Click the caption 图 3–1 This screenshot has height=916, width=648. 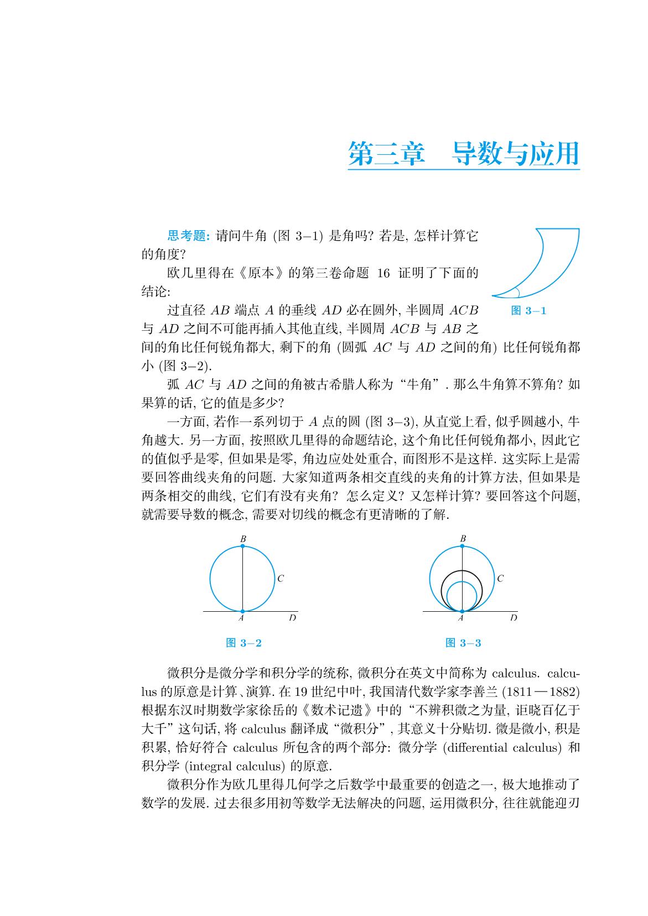click(x=528, y=311)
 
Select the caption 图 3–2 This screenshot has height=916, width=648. click(x=244, y=643)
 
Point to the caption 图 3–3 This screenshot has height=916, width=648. click(x=463, y=643)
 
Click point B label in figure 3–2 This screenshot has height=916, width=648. click(x=243, y=538)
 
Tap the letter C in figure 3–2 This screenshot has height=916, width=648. click(x=281, y=579)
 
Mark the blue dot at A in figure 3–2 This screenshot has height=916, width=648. click(x=242, y=611)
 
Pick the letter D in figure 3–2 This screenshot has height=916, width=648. click(x=292, y=617)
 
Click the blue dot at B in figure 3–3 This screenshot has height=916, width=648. click(x=463, y=547)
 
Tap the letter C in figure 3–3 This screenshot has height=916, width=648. click(x=500, y=579)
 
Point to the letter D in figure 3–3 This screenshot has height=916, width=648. click(x=513, y=617)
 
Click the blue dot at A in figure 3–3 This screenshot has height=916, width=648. click(x=462, y=611)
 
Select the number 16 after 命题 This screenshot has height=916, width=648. click(x=383, y=273)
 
